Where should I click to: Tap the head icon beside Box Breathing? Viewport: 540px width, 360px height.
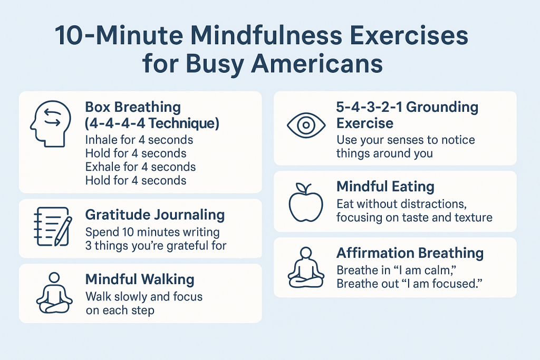pyautogui.click(x=47, y=124)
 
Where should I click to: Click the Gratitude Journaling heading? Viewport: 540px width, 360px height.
pyautogui.click(x=155, y=215)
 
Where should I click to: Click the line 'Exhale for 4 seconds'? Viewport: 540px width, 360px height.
pyautogui.click(x=140, y=167)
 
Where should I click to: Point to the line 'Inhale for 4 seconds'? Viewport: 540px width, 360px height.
pyautogui.click(x=139, y=140)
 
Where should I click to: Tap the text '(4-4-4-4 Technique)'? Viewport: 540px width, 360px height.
pyautogui.click(x=152, y=124)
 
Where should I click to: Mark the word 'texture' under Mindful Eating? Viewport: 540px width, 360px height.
pyautogui.click(x=474, y=217)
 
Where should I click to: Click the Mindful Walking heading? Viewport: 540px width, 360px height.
pyautogui.click(x=140, y=279)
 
